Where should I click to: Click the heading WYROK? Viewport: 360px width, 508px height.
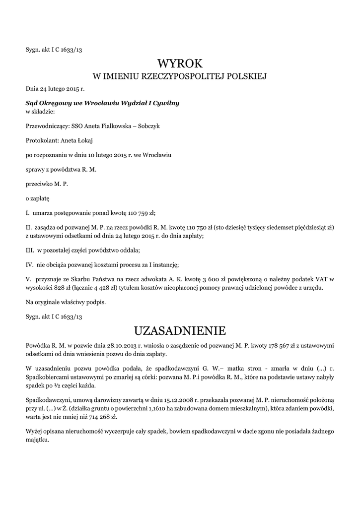coord(180,63)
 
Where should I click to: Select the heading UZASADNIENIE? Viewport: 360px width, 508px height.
coord(180,330)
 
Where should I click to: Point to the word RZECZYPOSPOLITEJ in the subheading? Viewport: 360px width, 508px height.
coord(184,76)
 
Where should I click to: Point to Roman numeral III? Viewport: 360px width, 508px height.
coord(30,250)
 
